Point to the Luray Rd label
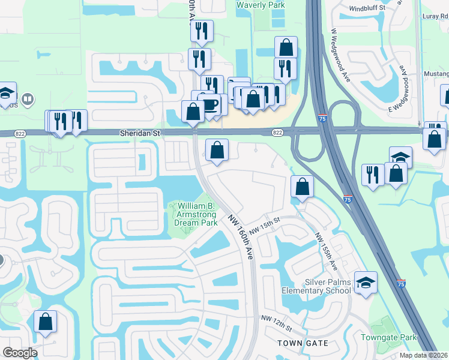(x=435, y=16)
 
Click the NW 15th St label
(x=265, y=227)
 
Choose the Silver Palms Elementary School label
(x=316, y=286)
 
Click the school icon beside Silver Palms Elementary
(x=366, y=282)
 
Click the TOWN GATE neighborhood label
(x=303, y=343)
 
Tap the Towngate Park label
(x=388, y=337)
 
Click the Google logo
(x=20, y=353)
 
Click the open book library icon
(x=28, y=98)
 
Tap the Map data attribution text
(x=423, y=355)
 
